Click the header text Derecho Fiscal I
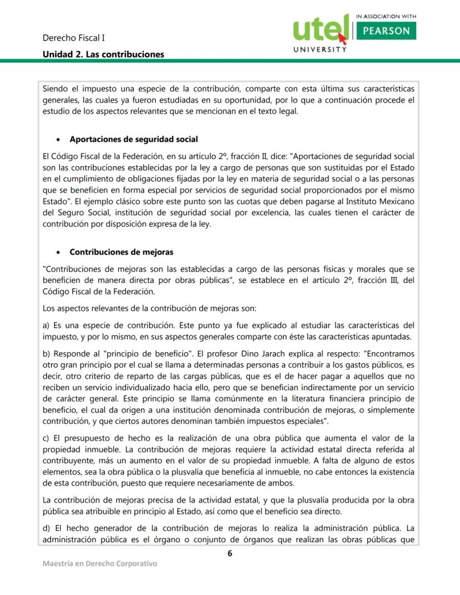coord(74,38)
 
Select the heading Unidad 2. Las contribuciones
coord(103,54)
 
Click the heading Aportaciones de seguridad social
coord(134,139)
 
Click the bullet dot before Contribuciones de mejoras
coord(58,252)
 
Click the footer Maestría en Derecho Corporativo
coord(100,564)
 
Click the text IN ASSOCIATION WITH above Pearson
coord(385,17)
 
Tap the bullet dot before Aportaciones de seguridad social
coord(58,139)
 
